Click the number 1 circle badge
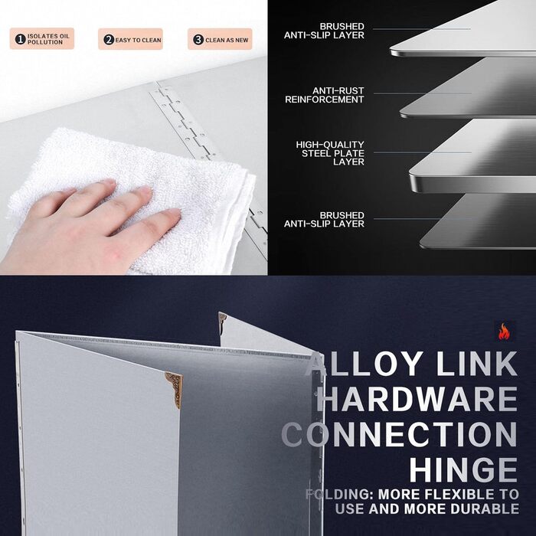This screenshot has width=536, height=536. pos(21,39)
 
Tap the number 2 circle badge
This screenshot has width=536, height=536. pos(109,40)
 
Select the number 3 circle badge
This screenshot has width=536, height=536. pos(198,40)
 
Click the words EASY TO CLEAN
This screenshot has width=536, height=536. pos(138,40)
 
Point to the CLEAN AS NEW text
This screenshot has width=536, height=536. pos(227,40)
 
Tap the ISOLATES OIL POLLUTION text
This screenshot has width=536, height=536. pos(48,39)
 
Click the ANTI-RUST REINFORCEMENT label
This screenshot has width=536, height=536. pos(325,95)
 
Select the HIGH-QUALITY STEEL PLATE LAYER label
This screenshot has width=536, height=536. pos(330,153)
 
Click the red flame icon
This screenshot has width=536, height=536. pos(504,332)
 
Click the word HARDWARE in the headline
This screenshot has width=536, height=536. pos(417,399)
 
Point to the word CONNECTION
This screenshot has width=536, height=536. pos(399,434)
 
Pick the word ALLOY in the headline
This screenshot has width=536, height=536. pos(364,364)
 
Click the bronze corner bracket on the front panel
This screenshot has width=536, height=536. pos(175,387)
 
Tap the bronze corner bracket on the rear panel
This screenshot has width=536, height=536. pos(222,319)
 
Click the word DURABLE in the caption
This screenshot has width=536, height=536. pos(485,509)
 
